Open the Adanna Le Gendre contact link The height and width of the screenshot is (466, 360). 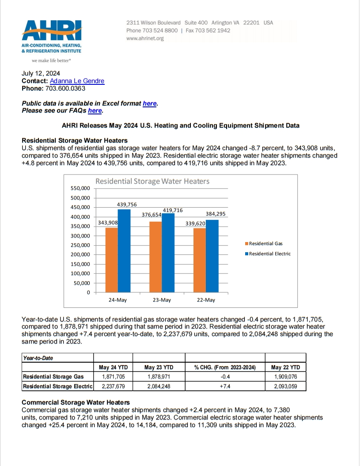(x=77, y=81)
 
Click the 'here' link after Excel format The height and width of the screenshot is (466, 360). (x=149, y=103)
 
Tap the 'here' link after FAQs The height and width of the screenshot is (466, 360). (x=95, y=110)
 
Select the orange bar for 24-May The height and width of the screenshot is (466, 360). (x=111, y=260)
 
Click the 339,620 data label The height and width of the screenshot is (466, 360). (x=196, y=224)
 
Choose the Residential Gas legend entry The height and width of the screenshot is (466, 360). (x=265, y=243)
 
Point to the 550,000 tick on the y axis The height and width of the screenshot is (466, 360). (x=80, y=188)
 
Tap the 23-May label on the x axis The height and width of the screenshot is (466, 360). (x=162, y=300)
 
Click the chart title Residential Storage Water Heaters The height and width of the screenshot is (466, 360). (x=152, y=181)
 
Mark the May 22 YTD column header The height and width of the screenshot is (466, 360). (x=285, y=367)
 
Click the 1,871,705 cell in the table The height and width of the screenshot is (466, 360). (x=113, y=376)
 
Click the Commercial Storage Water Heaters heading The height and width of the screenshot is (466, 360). (x=76, y=402)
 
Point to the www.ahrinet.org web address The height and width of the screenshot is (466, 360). (x=145, y=38)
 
